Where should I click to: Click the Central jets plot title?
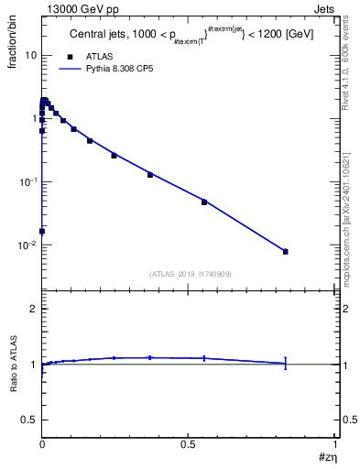point(183,35)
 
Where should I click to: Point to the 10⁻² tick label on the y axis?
point(27,245)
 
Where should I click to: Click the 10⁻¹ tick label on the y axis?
point(27,182)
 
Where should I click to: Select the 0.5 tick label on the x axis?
point(189,445)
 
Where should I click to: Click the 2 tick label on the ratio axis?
point(33,310)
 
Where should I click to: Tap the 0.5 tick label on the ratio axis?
point(29,420)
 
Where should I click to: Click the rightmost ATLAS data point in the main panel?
point(286,251)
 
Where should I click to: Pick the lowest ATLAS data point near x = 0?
point(42,231)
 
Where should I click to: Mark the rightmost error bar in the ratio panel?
point(286,363)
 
